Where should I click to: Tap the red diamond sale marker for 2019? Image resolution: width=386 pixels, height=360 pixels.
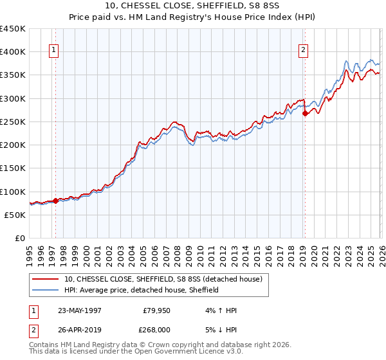pos(305,114)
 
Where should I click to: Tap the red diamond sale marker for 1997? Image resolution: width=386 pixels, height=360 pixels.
pos(55,201)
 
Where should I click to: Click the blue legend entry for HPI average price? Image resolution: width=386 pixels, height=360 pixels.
pos(142,290)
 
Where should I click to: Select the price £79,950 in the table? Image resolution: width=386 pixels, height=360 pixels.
pos(156,310)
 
